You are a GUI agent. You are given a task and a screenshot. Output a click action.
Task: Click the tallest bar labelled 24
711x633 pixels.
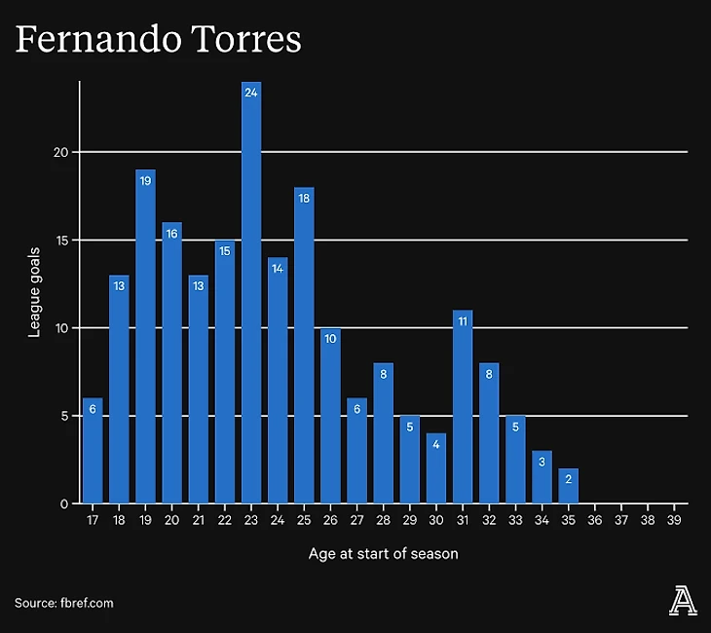tap(251, 292)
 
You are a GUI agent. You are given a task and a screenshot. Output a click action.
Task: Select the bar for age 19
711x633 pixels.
tap(145, 336)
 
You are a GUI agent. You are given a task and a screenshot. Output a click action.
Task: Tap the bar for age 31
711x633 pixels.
tap(463, 407)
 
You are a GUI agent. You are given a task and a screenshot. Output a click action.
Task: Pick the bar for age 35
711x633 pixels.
tap(569, 486)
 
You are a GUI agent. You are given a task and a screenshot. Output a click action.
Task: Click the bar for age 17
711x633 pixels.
tap(93, 451)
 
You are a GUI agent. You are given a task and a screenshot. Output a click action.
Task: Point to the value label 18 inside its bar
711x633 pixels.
tap(304, 198)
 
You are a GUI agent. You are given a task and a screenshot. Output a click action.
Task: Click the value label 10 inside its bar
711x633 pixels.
tap(330, 339)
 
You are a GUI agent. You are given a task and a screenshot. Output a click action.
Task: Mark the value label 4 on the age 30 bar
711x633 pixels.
tap(436, 444)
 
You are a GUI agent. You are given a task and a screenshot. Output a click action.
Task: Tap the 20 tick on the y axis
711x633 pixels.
tap(60, 152)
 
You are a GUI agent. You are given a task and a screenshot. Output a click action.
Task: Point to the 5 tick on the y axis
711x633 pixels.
tap(64, 416)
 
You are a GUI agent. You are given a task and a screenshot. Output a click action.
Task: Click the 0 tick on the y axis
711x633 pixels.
tap(64, 503)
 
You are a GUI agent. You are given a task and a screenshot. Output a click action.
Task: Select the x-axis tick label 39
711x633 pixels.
tap(674, 521)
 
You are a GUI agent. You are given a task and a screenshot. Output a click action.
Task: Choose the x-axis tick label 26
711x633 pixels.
tap(330, 521)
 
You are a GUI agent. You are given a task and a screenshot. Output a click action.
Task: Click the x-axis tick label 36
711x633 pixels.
tap(595, 521)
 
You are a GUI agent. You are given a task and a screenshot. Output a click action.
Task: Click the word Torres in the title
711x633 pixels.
tap(241, 40)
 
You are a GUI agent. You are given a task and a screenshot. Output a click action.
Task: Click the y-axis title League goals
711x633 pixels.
tap(34, 292)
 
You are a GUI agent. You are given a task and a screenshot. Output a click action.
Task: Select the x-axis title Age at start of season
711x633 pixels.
tap(383, 553)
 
